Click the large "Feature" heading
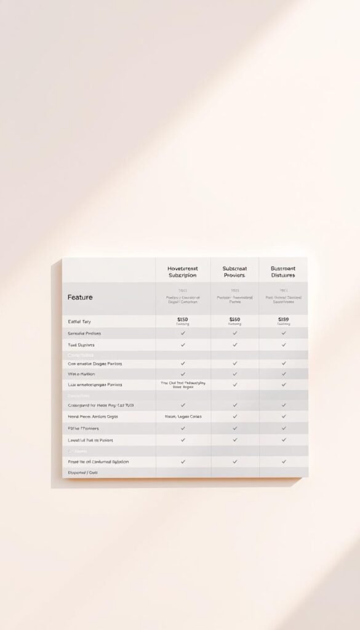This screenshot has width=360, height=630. (x=80, y=297)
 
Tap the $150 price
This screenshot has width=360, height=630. (x=183, y=320)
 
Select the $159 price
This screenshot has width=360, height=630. (x=283, y=320)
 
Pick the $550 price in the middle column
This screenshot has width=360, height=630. (x=234, y=320)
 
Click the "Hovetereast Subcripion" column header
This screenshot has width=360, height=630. (x=183, y=272)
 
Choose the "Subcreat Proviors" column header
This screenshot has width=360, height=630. (x=234, y=272)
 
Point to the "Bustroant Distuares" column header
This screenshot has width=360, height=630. (x=283, y=272)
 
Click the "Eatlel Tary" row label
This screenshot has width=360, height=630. (x=79, y=322)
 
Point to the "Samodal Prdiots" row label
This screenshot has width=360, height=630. (x=84, y=333)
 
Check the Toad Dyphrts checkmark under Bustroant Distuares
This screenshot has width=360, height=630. (x=284, y=345)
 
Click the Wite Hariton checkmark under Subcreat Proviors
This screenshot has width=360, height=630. (x=234, y=374)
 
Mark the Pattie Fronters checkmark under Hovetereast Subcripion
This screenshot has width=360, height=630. (x=183, y=428)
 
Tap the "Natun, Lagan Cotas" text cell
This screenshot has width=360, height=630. (x=183, y=417)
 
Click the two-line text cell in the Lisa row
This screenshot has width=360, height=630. (x=183, y=385)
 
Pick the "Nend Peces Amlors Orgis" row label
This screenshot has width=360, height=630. (x=92, y=417)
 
